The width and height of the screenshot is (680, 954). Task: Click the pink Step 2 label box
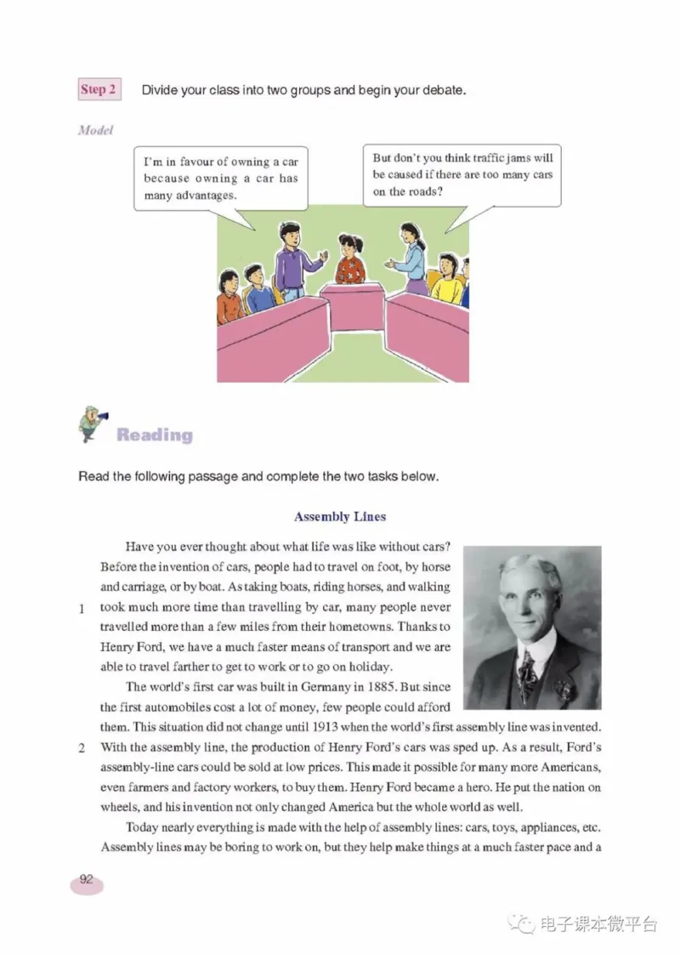click(99, 89)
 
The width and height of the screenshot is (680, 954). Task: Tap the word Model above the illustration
click(95, 130)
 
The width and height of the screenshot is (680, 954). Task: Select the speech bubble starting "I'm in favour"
click(220, 179)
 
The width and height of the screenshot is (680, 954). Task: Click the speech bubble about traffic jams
click(463, 174)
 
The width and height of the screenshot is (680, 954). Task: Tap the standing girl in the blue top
click(411, 255)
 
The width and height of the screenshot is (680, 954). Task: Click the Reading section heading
click(155, 435)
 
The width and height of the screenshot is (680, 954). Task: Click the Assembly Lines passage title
click(340, 516)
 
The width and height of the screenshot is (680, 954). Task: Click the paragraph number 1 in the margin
click(82, 609)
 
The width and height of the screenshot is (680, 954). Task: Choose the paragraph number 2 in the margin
click(82, 749)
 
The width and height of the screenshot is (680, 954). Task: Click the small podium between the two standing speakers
click(356, 306)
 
